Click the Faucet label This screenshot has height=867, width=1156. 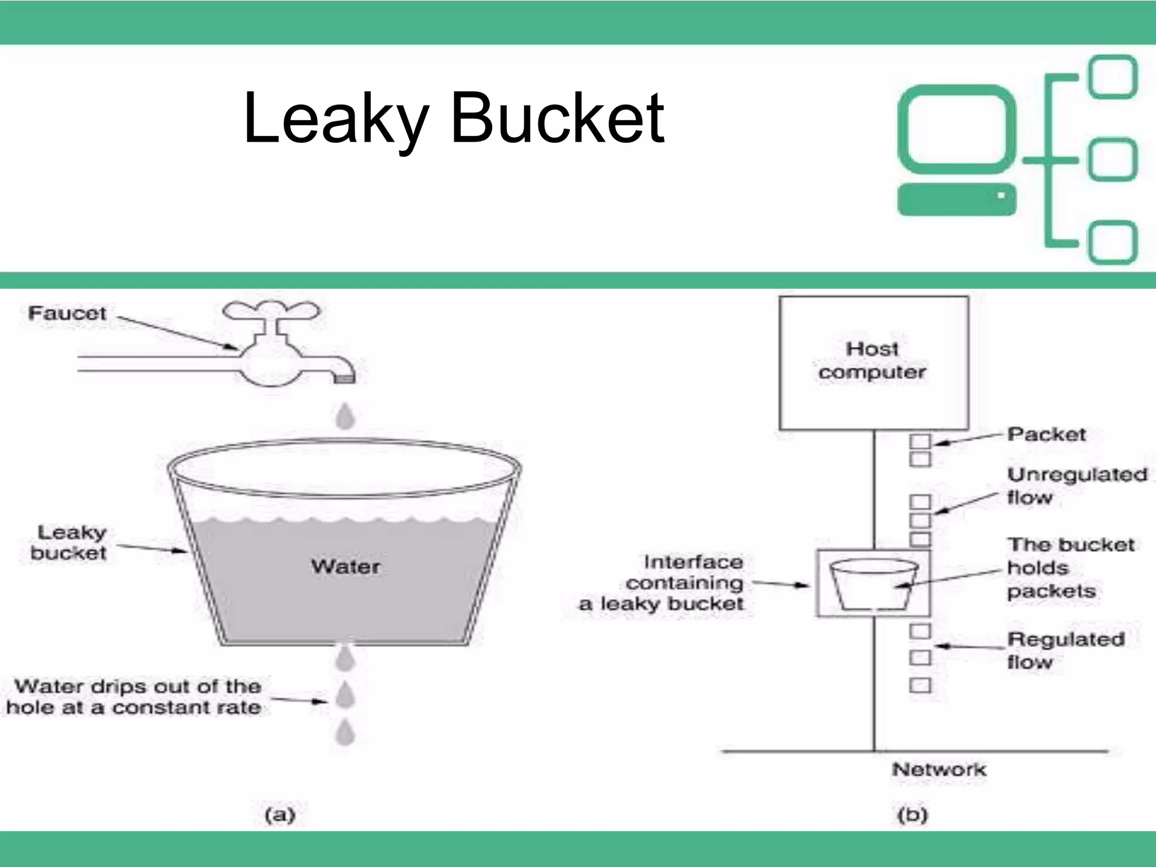click(x=67, y=313)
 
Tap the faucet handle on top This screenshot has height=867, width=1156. click(x=272, y=311)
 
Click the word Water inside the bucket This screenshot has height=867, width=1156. click(x=345, y=566)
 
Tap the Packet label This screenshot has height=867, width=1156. click(x=1046, y=434)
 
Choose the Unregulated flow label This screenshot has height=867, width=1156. click(x=1076, y=485)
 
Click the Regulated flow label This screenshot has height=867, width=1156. click(x=1065, y=650)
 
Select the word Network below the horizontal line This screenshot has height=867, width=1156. click(x=939, y=769)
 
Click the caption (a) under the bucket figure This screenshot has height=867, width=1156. click(x=280, y=815)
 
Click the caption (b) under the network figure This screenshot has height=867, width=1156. click(x=912, y=815)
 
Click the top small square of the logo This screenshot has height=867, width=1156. click(x=1112, y=77)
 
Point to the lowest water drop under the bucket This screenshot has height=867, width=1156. click(x=345, y=733)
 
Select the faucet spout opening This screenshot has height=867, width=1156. click(x=344, y=379)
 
